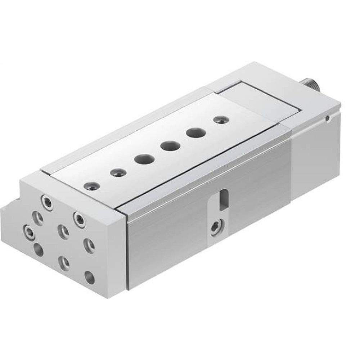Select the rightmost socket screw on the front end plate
tap(79, 219)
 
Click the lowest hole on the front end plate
tap(90, 277)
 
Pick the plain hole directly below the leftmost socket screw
tap(38, 249)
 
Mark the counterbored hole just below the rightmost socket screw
tap(89, 246)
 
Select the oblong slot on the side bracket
tap(224, 199)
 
